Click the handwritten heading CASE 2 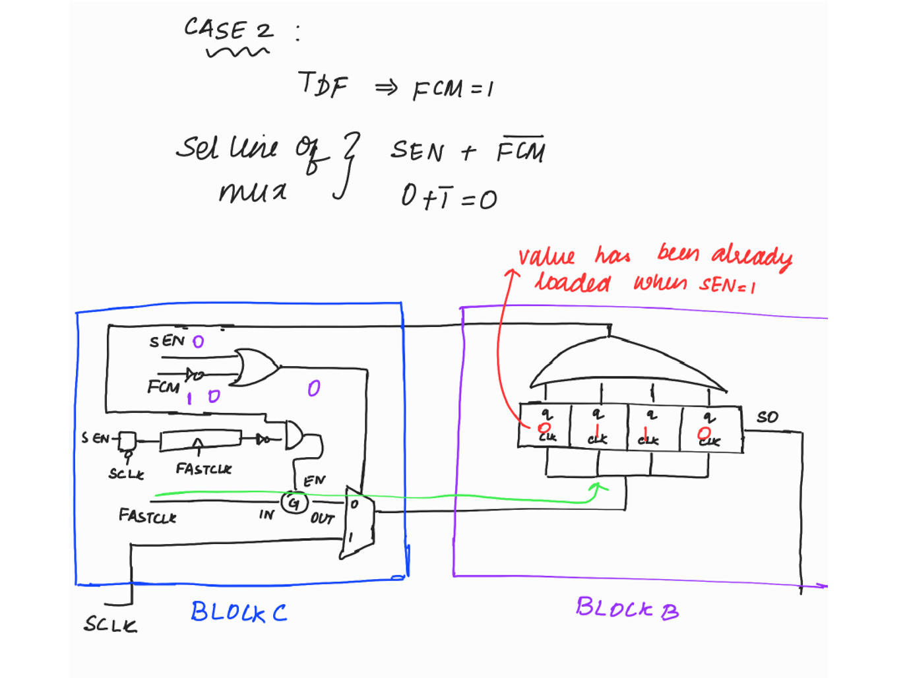coord(228,30)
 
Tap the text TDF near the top coord(322,84)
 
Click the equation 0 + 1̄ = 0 coord(449,197)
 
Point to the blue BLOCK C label coord(239,612)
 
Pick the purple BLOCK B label coord(627,608)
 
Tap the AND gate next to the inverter coord(294,436)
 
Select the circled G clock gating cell coord(294,503)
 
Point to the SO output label coord(767,417)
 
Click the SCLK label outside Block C coord(110,624)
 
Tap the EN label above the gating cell coord(314,481)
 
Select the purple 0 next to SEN coord(198,342)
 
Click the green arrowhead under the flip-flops coord(598,488)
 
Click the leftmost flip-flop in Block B coord(545,426)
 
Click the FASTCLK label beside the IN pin coord(147,516)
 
